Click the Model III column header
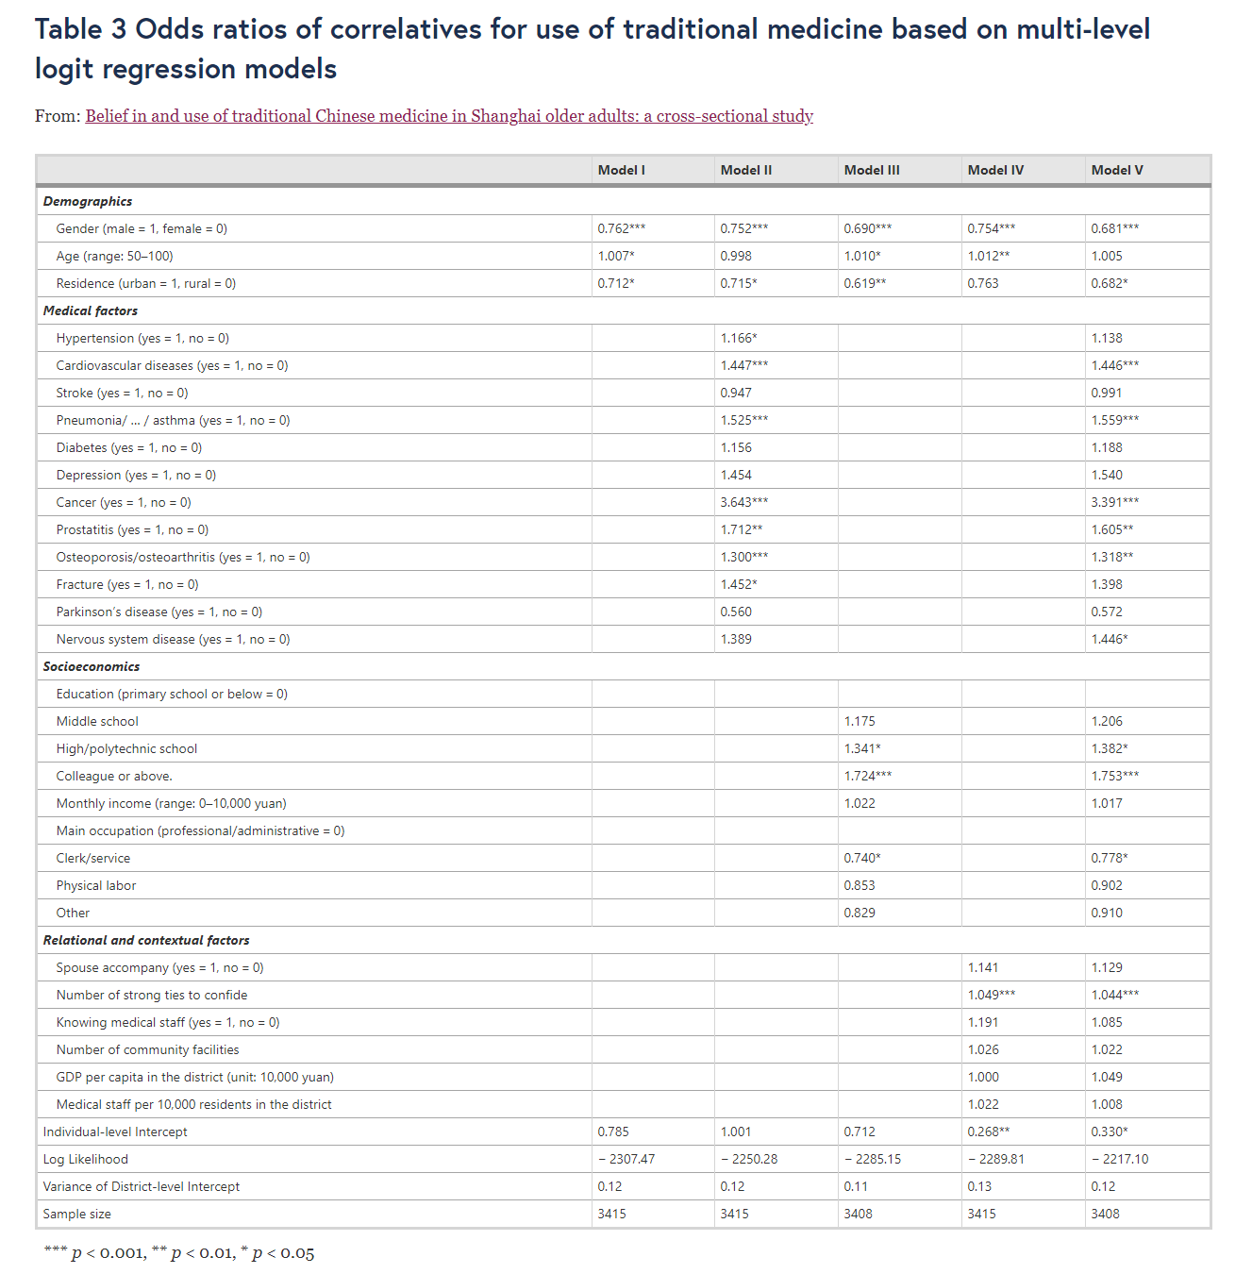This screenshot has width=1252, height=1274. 872,170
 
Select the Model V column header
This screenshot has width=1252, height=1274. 1117,170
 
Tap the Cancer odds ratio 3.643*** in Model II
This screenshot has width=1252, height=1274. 744,502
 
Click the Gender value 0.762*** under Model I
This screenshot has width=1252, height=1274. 622,228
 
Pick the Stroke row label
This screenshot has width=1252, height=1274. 122,393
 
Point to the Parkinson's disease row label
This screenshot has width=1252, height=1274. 159,612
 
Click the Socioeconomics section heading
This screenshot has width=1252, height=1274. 92,666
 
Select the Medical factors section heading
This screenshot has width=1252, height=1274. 91,310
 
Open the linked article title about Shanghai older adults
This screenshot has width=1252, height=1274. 449,116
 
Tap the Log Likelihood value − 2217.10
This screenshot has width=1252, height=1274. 1120,1159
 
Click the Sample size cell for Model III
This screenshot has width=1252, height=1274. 859,1214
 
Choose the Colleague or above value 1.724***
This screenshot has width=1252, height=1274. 868,776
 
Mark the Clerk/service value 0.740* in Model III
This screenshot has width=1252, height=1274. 862,858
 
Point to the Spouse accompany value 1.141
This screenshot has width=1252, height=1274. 983,967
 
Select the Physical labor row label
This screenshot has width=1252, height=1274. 96,885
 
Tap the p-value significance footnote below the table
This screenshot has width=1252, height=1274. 179,1253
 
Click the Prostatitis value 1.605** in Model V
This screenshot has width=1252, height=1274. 1112,529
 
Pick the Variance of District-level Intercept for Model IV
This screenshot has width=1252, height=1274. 979,1186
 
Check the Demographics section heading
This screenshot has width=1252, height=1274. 88,201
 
